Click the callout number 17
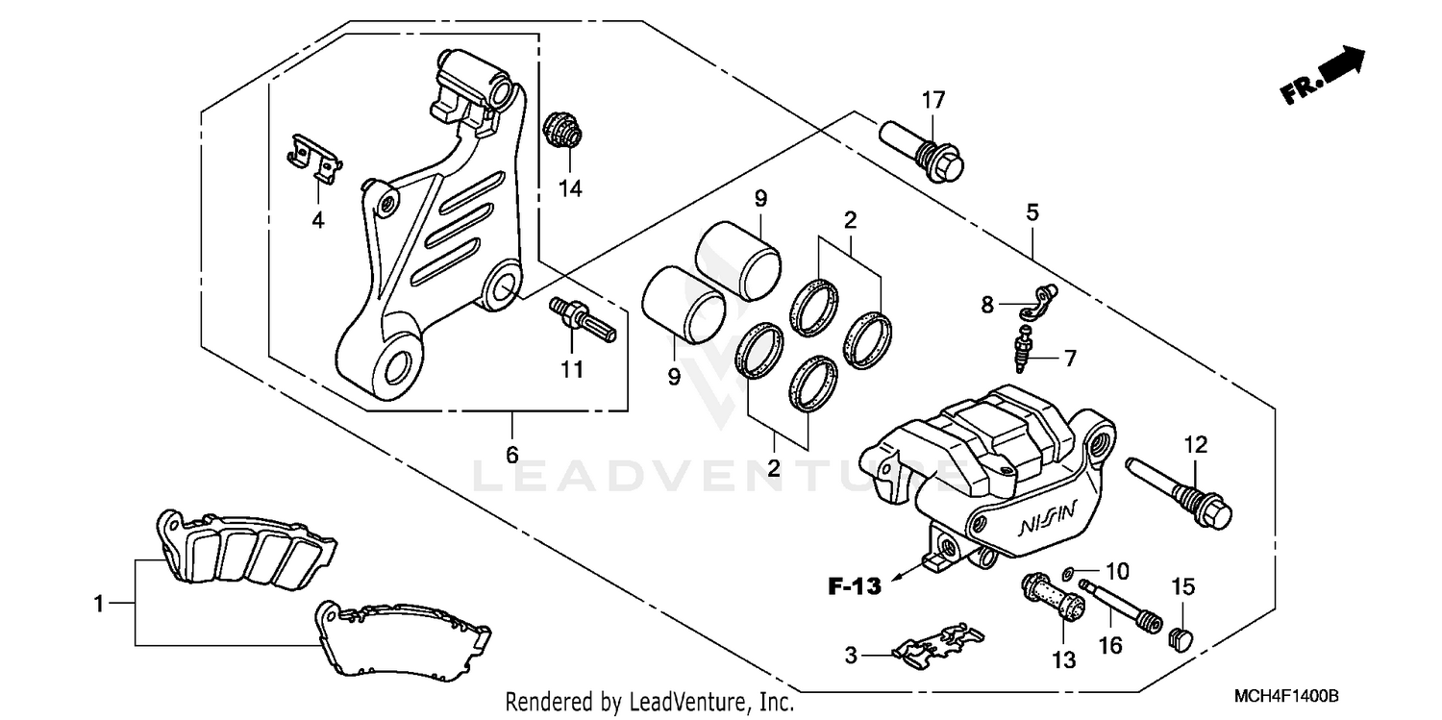coord(933,99)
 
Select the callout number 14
coord(571,188)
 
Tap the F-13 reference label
coord(855,586)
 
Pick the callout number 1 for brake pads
coord(98,604)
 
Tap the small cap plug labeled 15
coord(1180,635)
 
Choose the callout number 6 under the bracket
coord(511,453)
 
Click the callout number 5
coord(1032,212)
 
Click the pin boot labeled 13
coord(1054,602)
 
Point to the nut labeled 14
coord(559,132)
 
